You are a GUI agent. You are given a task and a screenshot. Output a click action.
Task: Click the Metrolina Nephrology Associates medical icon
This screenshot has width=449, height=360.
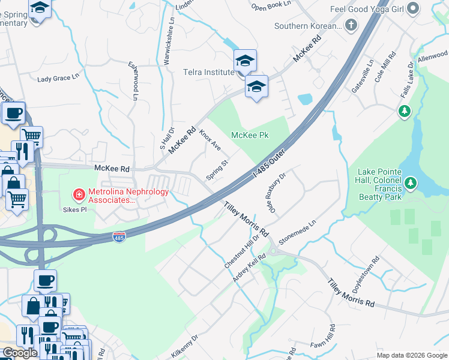(78, 194)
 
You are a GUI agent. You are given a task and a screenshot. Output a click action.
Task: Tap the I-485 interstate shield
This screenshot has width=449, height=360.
(120, 238)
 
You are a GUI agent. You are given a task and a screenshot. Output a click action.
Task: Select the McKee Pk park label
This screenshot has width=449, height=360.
(250, 135)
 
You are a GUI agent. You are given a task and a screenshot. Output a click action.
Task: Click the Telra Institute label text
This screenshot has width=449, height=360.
(208, 72)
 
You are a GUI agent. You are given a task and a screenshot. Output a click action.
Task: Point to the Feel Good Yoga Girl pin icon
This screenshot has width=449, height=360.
(412, 9)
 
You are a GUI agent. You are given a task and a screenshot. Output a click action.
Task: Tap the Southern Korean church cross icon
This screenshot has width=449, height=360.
(351, 26)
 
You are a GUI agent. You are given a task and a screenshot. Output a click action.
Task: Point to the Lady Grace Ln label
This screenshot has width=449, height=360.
(58, 78)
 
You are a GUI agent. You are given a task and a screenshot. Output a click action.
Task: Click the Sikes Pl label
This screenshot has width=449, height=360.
(76, 211)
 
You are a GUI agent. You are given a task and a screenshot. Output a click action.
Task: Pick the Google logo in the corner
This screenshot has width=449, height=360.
(19, 353)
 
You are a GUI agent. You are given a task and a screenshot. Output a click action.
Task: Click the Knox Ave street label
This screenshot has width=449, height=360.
(211, 139)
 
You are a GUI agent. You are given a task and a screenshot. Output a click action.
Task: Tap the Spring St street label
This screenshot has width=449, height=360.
(217, 170)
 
